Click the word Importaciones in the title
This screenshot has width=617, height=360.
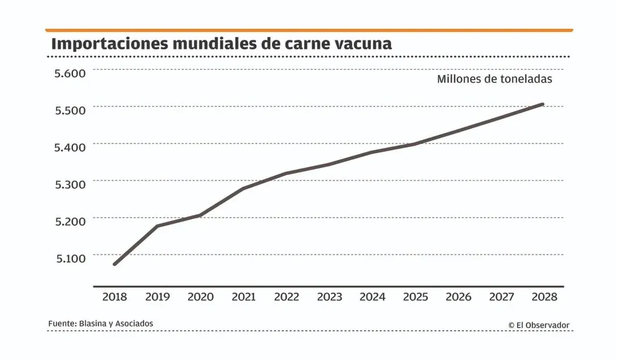[110, 44]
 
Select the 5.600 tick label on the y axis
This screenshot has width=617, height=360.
[70, 73]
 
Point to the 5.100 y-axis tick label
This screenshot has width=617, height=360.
[70, 258]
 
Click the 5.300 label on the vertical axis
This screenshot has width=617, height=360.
[70, 185]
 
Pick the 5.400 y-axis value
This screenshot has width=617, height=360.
[70, 147]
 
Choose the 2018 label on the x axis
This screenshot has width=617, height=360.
[114, 297]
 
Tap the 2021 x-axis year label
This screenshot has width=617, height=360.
[243, 297]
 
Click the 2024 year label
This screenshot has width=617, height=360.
[372, 297]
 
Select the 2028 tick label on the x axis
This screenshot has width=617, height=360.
[544, 297]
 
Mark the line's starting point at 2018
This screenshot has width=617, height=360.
[114, 264]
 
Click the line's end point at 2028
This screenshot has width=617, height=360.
[543, 104]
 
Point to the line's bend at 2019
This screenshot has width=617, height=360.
[157, 226]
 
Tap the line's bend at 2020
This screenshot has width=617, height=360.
[200, 215]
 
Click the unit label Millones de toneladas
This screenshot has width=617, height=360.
[495, 79]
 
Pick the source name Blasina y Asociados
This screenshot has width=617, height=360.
[116, 324]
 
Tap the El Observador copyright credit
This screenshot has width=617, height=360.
[539, 326]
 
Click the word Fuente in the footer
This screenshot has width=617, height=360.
[62, 324]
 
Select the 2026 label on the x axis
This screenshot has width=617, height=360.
[459, 297]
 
